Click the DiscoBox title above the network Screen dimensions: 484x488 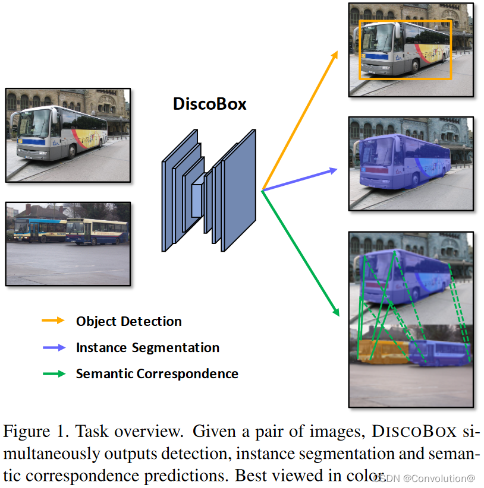point(209,104)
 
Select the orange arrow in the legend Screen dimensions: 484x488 point(52,321)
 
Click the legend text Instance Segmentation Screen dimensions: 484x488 point(147,347)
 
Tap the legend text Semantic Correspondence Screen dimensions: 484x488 point(157,373)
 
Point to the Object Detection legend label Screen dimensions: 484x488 point(128,321)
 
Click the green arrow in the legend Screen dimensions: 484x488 point(52,373)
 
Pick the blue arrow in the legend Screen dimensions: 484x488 point(52,347)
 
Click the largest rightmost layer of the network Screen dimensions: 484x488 point(240,190)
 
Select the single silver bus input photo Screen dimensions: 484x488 point(67,135)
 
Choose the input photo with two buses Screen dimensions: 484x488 point(67,243)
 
